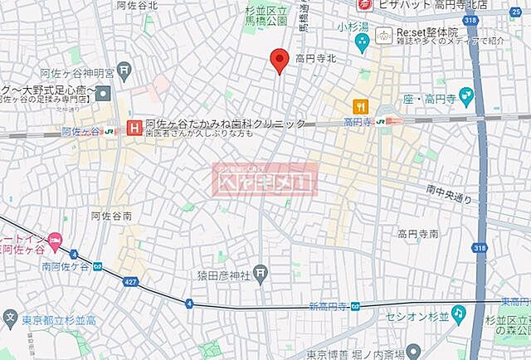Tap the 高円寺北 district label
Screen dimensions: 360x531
pos(317,59)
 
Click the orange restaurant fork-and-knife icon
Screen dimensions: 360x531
pos(360,106)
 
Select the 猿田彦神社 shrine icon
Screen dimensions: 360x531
pos(261,271)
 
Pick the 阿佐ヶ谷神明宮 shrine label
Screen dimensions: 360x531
pos(87,69)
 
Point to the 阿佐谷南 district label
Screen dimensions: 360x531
pos(111,215)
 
